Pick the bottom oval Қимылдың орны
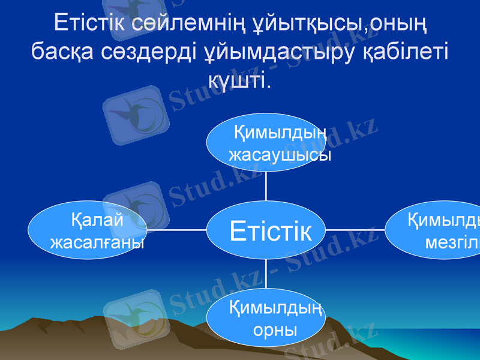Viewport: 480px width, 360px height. point(266,317)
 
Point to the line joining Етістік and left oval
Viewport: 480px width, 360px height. point(177,229)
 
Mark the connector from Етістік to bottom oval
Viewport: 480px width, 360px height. point(266,274)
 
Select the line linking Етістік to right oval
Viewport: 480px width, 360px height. point(355,229)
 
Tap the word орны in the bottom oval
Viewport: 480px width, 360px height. point(275,329)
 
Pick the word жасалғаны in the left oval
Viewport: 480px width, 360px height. point(97,242)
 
